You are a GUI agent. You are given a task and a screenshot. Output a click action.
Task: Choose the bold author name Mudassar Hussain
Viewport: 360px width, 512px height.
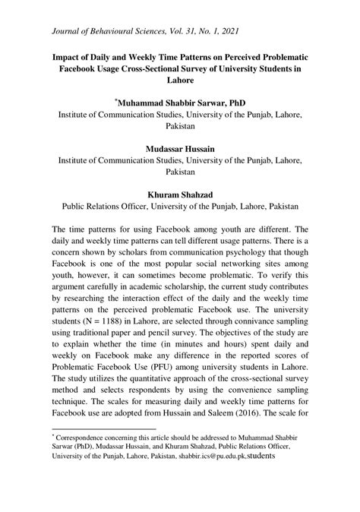179,150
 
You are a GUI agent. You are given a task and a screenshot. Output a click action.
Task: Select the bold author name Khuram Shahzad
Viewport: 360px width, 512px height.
179,194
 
